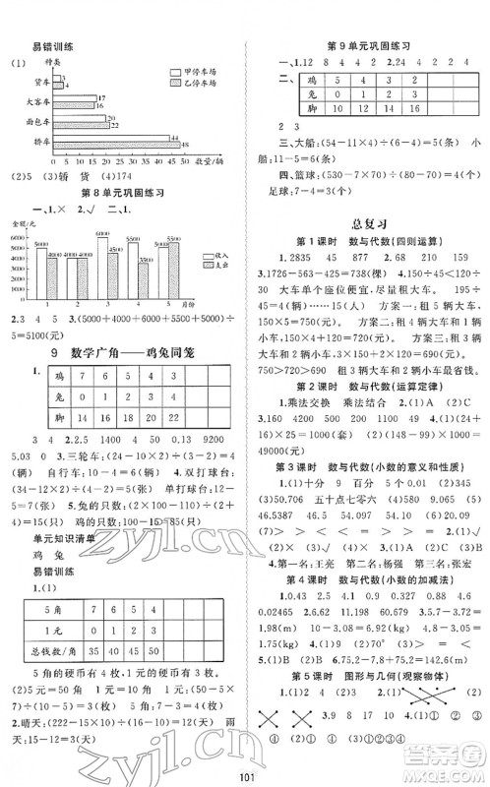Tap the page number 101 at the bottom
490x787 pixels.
pos(245,773)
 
